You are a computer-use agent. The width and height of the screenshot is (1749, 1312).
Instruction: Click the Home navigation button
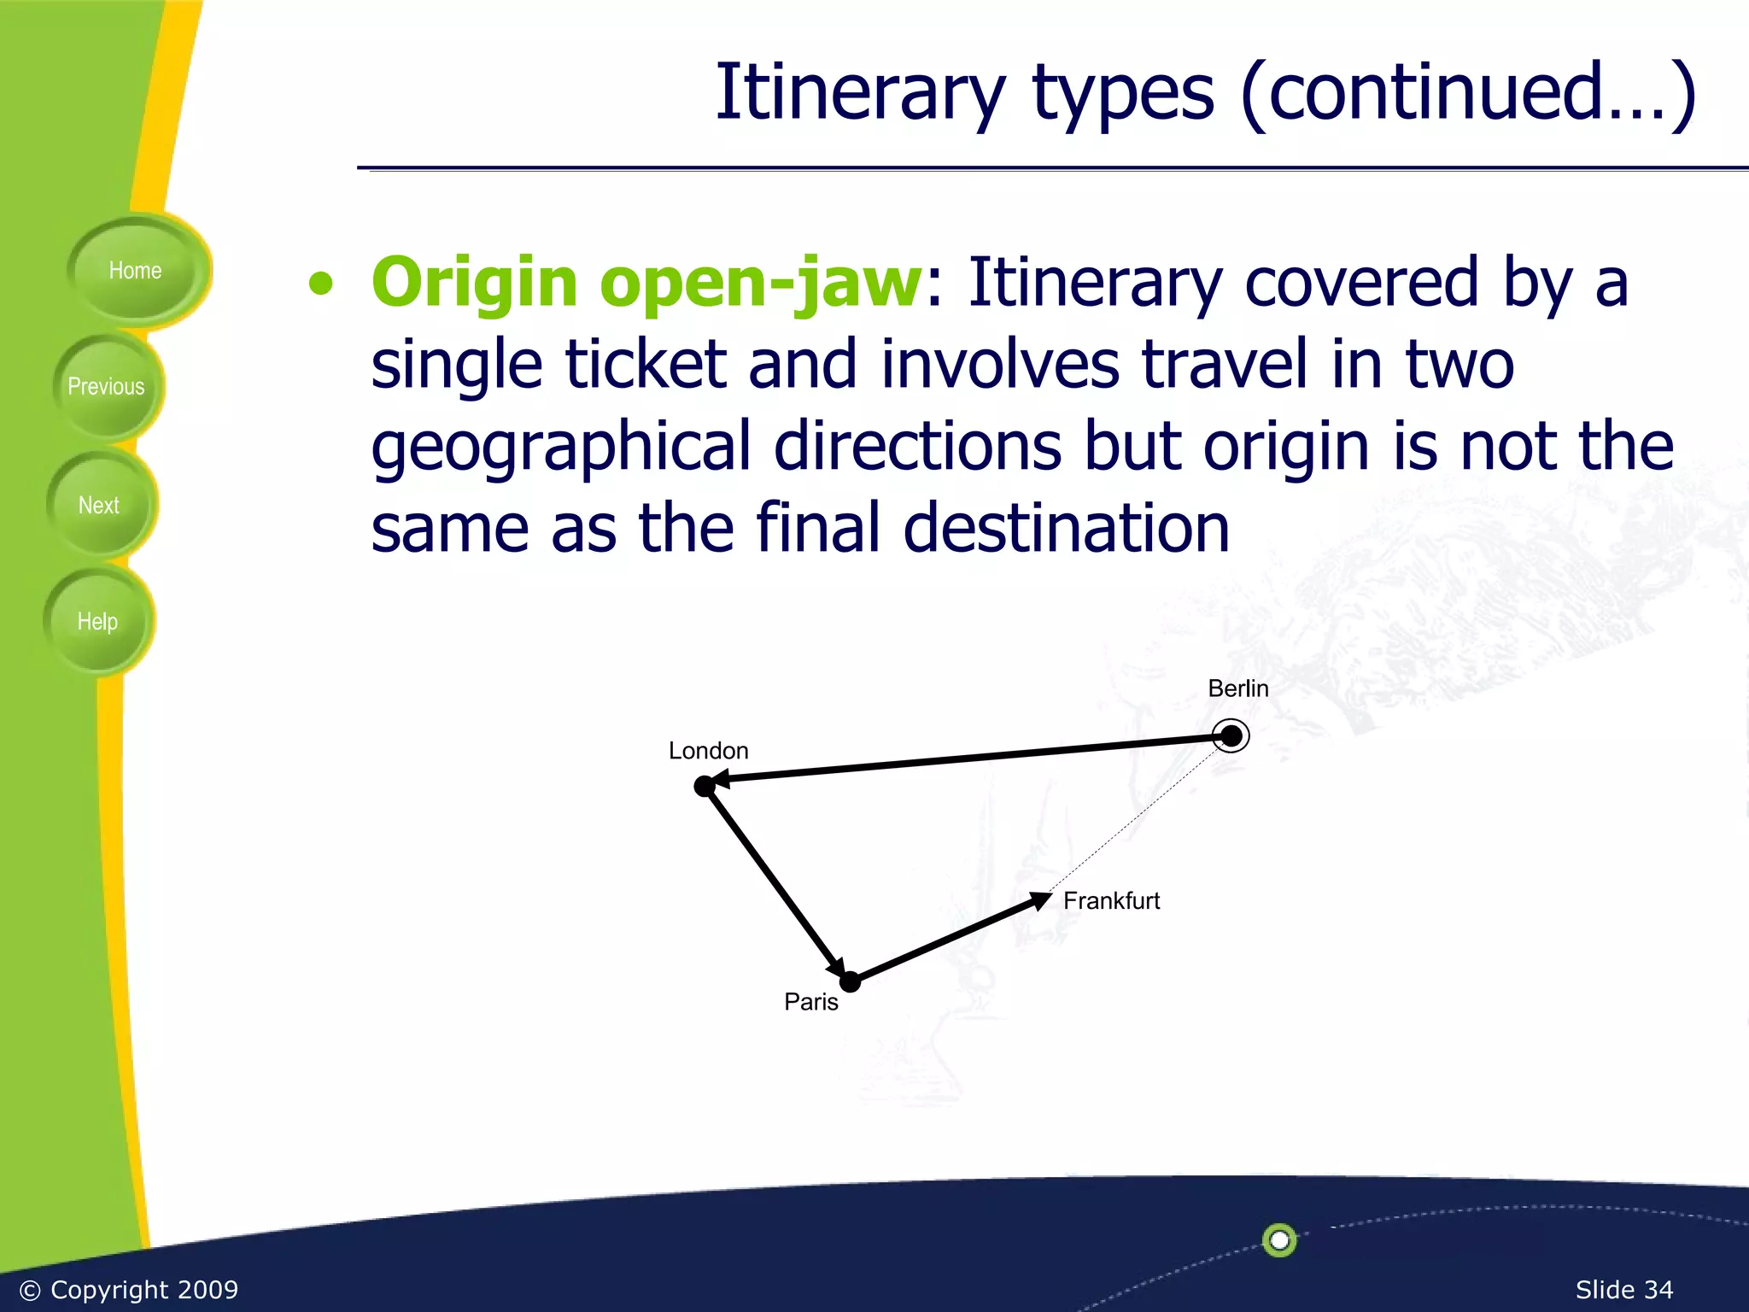click(x=135, y=271)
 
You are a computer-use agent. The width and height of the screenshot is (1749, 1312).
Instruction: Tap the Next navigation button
click(x=99, y=505)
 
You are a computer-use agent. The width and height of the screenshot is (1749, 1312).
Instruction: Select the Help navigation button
click(x=97, y=622)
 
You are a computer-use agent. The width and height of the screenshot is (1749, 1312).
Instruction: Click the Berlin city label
click(x=1237, y=688)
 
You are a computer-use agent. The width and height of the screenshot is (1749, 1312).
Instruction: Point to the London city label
click(x=708, y=751)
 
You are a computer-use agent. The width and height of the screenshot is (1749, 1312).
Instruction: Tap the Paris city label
click(x=810, y=1002)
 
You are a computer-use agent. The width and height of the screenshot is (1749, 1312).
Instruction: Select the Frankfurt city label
click(x=1111, y=901)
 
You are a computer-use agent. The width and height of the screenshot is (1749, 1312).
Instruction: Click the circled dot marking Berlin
click(x=1231, y=735)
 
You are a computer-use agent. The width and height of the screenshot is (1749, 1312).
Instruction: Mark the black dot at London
click(x=704, y=786)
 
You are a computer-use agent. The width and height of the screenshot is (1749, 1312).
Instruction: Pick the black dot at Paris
click(x=850, y=982)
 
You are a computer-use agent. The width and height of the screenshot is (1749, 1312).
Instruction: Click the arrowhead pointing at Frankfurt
click(x=1039, y=900)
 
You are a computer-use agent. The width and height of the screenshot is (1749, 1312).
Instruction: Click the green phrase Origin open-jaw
click(x=646, y=283)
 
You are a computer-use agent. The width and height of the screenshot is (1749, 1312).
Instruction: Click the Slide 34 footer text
click(x=1623, y=1289)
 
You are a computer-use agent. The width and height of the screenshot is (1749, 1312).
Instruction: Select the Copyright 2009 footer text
click(x=128, y=1289)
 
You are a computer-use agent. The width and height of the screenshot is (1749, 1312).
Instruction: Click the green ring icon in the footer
click(x=1279, y=1239)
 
